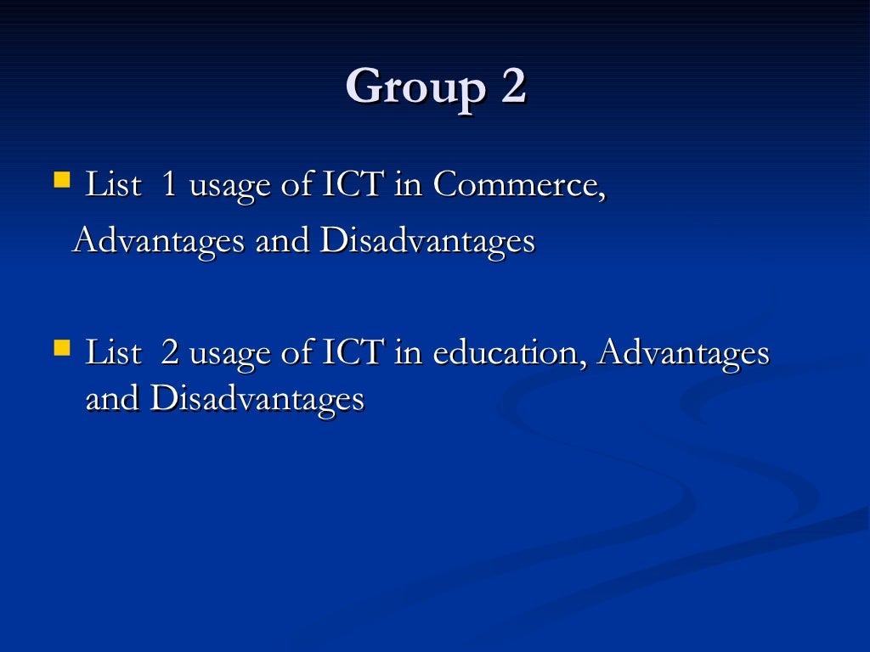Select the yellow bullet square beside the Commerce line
(61, 179)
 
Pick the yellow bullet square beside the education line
(61, 347)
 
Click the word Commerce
(519, 185)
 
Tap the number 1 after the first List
(168, 185)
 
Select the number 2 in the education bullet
(169, 353)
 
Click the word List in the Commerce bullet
(113, 185)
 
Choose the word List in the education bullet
(113, 353)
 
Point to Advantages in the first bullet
(159, 242)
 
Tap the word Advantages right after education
(683, 353)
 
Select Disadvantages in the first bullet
(427, 242)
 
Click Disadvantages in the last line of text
(257, 399)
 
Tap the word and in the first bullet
(283, 242)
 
